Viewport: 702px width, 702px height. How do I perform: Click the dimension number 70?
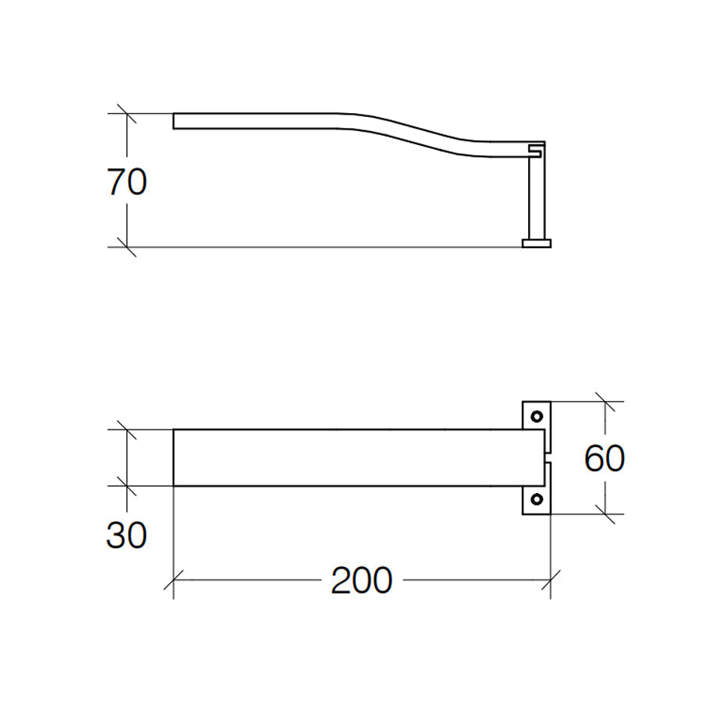click(127, 183)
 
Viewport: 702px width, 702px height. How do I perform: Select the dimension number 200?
click(361, 581)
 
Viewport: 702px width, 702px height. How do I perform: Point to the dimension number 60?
click(604, 459)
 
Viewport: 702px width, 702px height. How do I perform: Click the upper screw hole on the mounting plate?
click(536, 416)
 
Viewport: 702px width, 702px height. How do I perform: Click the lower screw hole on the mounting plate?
click(536, 499)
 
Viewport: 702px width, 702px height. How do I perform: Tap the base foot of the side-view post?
click(536, 243)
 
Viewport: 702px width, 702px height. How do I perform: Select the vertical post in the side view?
click(536, 199)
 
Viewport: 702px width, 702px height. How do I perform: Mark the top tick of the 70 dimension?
click(127, 114)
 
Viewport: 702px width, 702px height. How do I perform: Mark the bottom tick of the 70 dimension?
click(127, 247)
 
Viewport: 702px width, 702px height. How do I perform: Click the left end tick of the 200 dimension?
click(173, 581)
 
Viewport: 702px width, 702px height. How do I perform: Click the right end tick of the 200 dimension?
click(551, 581)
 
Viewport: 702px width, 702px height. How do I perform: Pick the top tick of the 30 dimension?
click(127, 429)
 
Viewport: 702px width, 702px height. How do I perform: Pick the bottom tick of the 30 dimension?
click(127, 486)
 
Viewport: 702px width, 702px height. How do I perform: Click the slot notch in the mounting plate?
click(547, 457)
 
